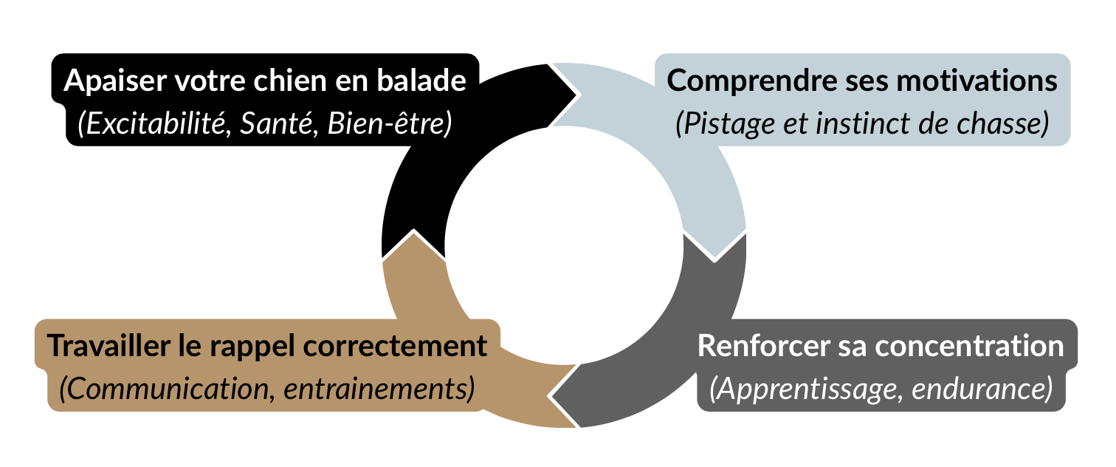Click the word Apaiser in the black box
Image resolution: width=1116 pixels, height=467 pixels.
pyautogui.click(x=114, y=81)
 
